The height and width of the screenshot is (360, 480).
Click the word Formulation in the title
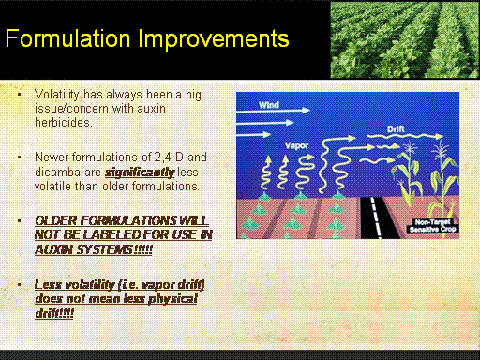[x=67, y=38]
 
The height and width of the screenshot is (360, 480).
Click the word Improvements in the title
[x=214, y=38]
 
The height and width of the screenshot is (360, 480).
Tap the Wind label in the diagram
[x=269, y=105]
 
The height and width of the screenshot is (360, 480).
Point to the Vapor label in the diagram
[x=296, y=145]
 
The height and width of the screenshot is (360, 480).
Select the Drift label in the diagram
[x=396, y=128]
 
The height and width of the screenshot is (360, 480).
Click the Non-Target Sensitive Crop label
[x=433, y=226]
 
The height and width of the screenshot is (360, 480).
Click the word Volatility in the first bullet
[x=57, y=95]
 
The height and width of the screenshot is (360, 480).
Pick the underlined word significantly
[x=140, y=172]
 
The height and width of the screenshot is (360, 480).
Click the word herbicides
[x=64, y=122]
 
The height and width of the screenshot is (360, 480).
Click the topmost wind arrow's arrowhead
[x=306, y=111]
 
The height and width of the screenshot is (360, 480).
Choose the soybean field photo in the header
[x=404, y=40]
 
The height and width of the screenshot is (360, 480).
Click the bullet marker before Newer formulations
[x=20, y=157]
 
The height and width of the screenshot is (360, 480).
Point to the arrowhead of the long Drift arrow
[x=440, y=136]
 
